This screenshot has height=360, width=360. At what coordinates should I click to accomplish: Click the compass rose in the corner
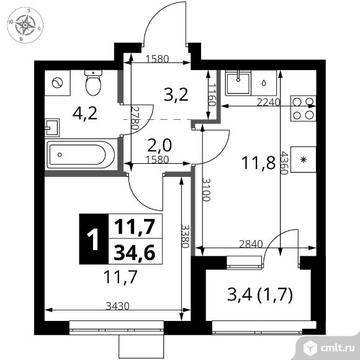[x=25, y=25]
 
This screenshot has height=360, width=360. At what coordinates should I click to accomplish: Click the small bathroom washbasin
[x=52, y=128]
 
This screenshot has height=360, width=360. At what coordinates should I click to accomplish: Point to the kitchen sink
[x=238, y=83]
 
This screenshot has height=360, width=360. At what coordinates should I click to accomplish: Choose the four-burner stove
[x=304, y=109]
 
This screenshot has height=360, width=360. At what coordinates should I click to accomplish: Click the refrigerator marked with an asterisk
[x=304, y=160]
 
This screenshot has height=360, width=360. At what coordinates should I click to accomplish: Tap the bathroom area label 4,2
[x=85, y=114]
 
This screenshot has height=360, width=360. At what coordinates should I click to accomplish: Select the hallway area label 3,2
[x=176, y=95]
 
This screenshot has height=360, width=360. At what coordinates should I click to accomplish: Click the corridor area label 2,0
[x=160, y=146]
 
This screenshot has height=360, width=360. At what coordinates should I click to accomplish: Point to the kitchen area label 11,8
[x=258, y=163]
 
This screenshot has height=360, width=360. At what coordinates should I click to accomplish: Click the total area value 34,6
[x=135, y=252]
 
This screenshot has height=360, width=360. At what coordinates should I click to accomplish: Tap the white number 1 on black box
[x=94, y=239]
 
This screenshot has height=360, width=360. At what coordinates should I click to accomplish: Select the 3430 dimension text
[x=117, y=306]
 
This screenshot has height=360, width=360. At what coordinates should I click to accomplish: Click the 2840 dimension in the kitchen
[x=251, y=244]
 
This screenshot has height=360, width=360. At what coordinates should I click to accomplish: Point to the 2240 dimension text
[x=268, y=102]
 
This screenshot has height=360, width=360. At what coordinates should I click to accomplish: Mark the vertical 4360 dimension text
[x=284, y=163]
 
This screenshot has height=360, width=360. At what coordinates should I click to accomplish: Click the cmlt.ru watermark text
[x=337, y=348]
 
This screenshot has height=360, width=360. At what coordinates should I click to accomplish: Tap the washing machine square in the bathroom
[x=57, y=83]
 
